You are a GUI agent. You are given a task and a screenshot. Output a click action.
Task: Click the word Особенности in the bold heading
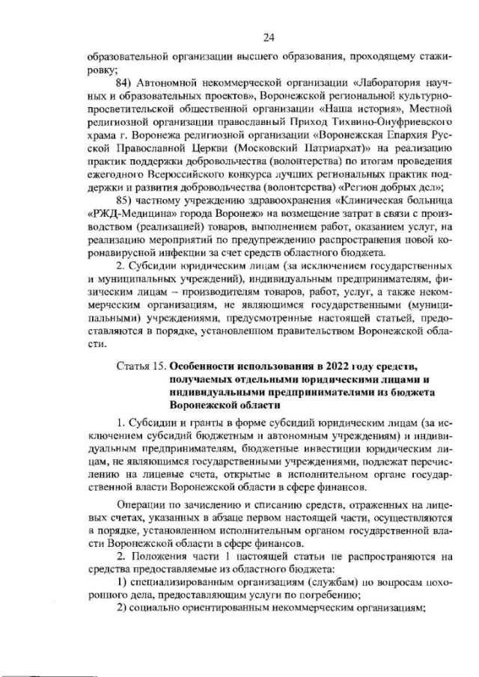pyautogui.click(x=207, y=367)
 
